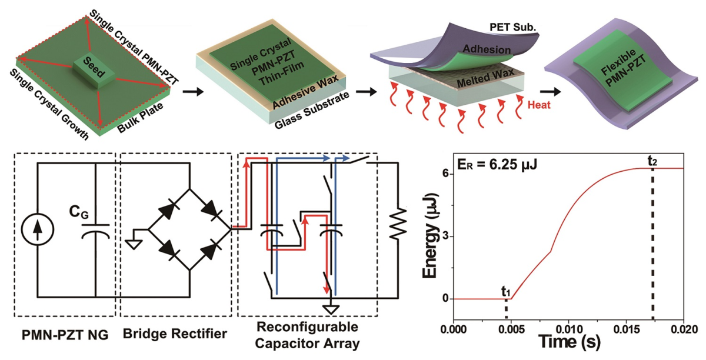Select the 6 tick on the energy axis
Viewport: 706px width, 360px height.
446,174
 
